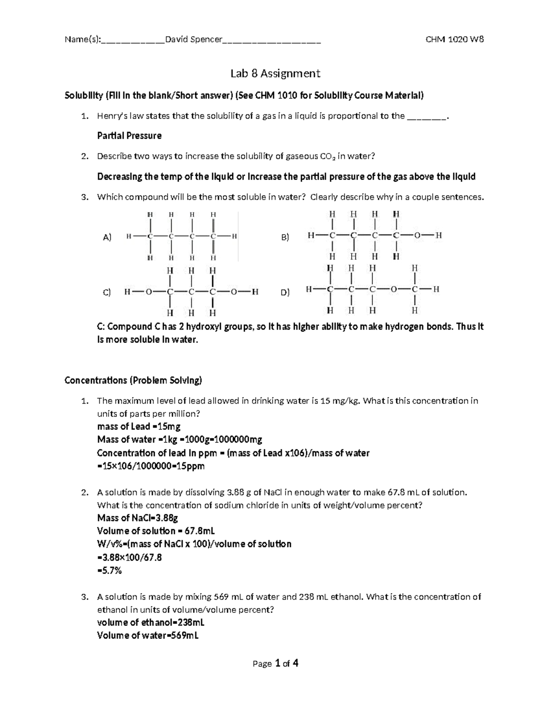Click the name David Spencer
(193, 40)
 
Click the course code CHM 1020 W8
(455, 40)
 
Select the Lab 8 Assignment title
(275, 74)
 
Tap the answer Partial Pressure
(129, 136)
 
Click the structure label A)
(107, 238)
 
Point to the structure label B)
(285, 238)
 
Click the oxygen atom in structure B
(417, 236)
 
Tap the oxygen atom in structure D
(394, 290)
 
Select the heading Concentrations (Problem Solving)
(133, 381)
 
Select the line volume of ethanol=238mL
(151, 623)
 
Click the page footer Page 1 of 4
(275, 663)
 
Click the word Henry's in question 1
(109, 116)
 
